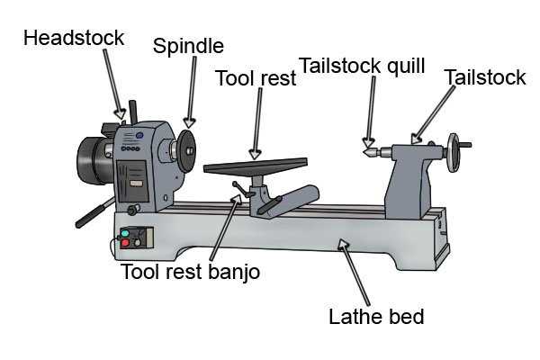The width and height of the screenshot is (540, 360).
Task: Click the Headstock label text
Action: click(x=74, y=38)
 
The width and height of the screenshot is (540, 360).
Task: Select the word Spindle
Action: click(x=187, y=45)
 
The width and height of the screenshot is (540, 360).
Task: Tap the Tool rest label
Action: click(x=255, y=78)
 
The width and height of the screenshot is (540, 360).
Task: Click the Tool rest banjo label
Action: click(x=190, y=271)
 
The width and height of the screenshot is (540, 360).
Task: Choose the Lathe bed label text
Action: click(x=375, y=316)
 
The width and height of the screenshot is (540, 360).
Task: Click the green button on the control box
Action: click(x=124, y=233)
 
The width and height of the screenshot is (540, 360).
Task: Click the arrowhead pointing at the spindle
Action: click(x=188, y=122)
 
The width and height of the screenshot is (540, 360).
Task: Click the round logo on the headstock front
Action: click(x=139, y=135)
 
